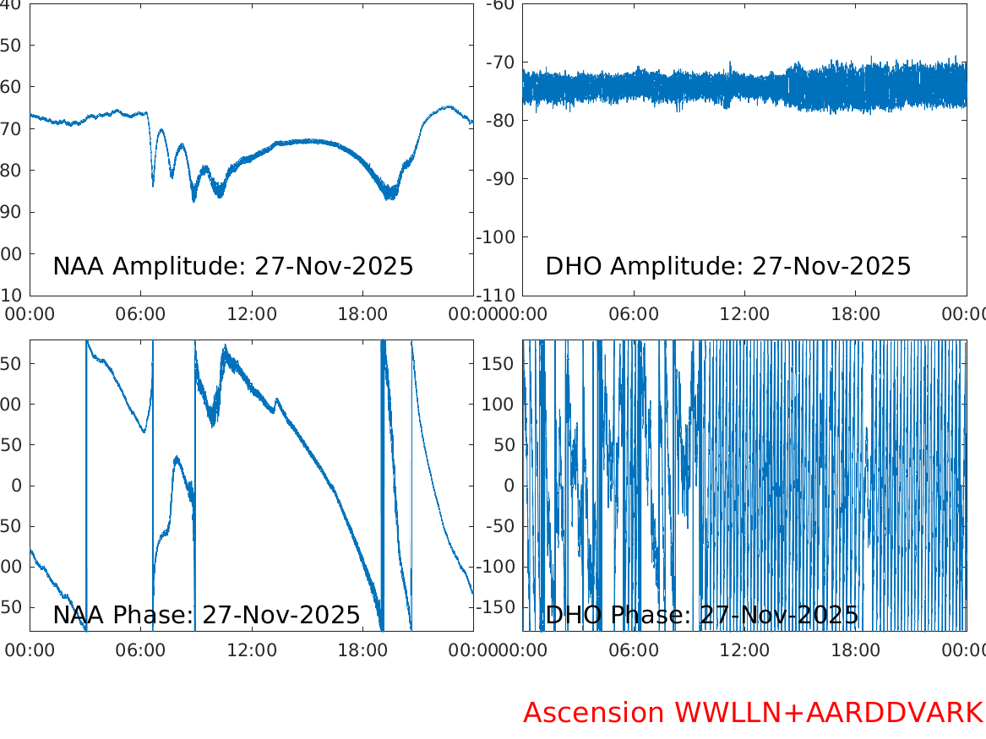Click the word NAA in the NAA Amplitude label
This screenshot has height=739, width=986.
coord(79,266)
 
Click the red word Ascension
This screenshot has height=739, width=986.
coord(594,713)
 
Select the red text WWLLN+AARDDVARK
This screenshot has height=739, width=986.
coord(828,713)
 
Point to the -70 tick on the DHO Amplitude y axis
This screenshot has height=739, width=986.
coord(501,62)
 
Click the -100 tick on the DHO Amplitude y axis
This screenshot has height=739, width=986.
coord(497,236)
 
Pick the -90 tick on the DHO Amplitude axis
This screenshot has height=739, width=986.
coord(501,178)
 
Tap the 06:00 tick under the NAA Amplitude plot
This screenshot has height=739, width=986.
coord(141,314)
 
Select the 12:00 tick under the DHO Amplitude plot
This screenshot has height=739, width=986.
coord(745,314)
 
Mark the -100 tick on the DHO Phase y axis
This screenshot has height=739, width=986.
coord(497,566)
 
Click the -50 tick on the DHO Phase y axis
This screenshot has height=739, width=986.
coord(501,525)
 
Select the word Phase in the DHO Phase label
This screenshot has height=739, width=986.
coord(638,615)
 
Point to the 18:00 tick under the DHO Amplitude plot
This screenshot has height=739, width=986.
coord(856,314)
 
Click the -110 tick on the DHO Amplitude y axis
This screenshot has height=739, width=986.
coord(497,296)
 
